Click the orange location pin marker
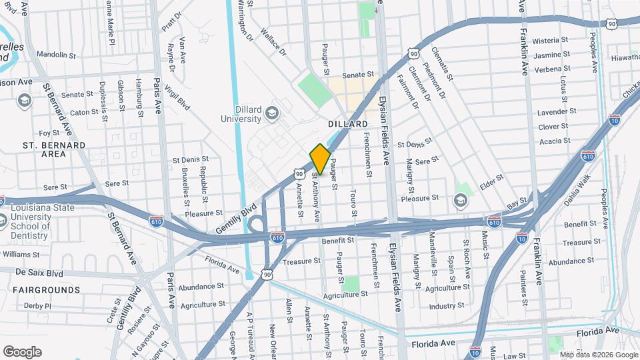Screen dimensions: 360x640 [x=320, y=159]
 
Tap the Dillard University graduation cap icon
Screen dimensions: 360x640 [x=271, y=113]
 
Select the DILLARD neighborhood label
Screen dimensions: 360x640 [x=347, y=125]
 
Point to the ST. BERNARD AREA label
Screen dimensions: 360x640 [x=53, y=149]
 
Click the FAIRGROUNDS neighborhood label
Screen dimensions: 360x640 [x=46, y=290]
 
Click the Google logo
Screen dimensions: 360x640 [x=22, y=352]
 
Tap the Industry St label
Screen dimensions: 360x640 [x=446, y=306]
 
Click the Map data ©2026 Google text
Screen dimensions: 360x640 [x=598, y=355]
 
